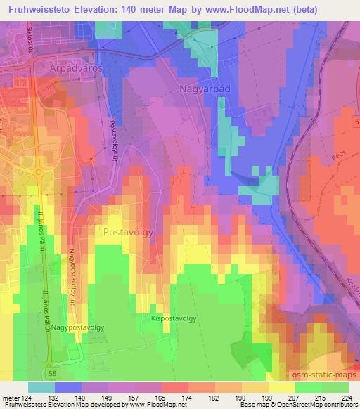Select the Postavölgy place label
click(129, 232)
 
